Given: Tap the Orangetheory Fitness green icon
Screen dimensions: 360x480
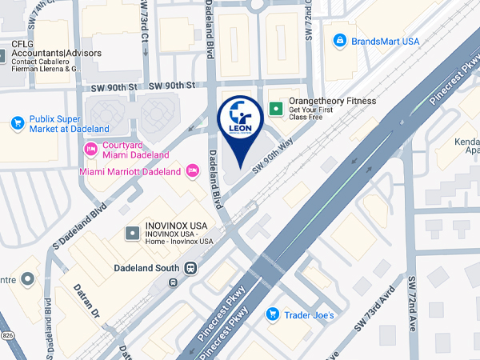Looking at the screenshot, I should pyautogui.click(x=277, y=106).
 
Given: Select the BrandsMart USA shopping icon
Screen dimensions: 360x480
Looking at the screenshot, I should pyautogui.click(x=339, y=39).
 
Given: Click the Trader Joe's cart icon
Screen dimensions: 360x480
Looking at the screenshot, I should pyautogui.click(x=272, y=314).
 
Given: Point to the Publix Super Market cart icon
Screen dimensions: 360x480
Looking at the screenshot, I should pyautogui.click(x=17, y=123).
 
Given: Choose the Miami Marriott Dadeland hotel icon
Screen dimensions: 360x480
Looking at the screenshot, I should pyautogui.click(x=191, y=170).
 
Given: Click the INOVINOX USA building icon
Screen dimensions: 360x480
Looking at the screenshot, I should pyautogui.click(x=132, y=233).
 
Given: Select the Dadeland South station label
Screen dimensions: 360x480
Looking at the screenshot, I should pyautogui.click(x=147, y=268).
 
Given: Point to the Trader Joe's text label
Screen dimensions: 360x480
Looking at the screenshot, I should pyautogui.click(x=311, y=315).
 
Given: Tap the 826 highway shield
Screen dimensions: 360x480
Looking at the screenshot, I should pyautogui.click(x=6, y=334).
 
